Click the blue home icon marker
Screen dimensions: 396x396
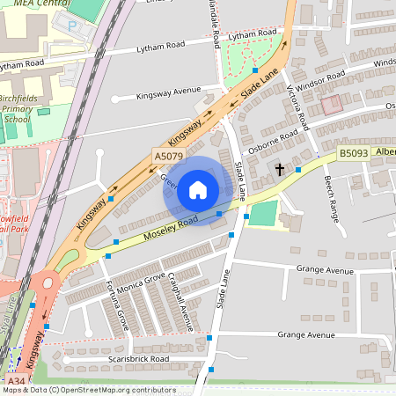[198, 191]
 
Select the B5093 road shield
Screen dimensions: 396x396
[354, 153]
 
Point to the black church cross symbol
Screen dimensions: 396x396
[281, 169]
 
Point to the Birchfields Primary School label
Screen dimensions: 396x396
[17, 104]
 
